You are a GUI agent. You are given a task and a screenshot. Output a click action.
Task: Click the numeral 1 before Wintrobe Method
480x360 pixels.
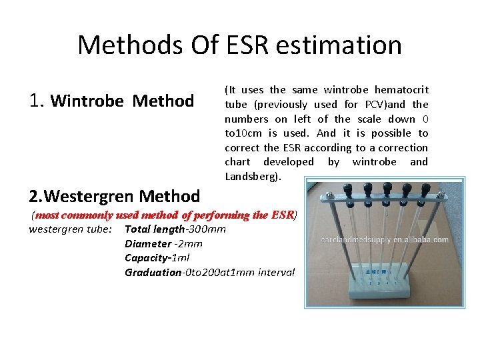35,101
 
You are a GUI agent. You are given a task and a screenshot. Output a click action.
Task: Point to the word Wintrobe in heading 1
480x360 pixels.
87,101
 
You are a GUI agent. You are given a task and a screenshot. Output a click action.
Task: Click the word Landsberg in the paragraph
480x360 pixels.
253,177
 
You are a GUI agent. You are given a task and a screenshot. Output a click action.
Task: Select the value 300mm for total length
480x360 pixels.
207,229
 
